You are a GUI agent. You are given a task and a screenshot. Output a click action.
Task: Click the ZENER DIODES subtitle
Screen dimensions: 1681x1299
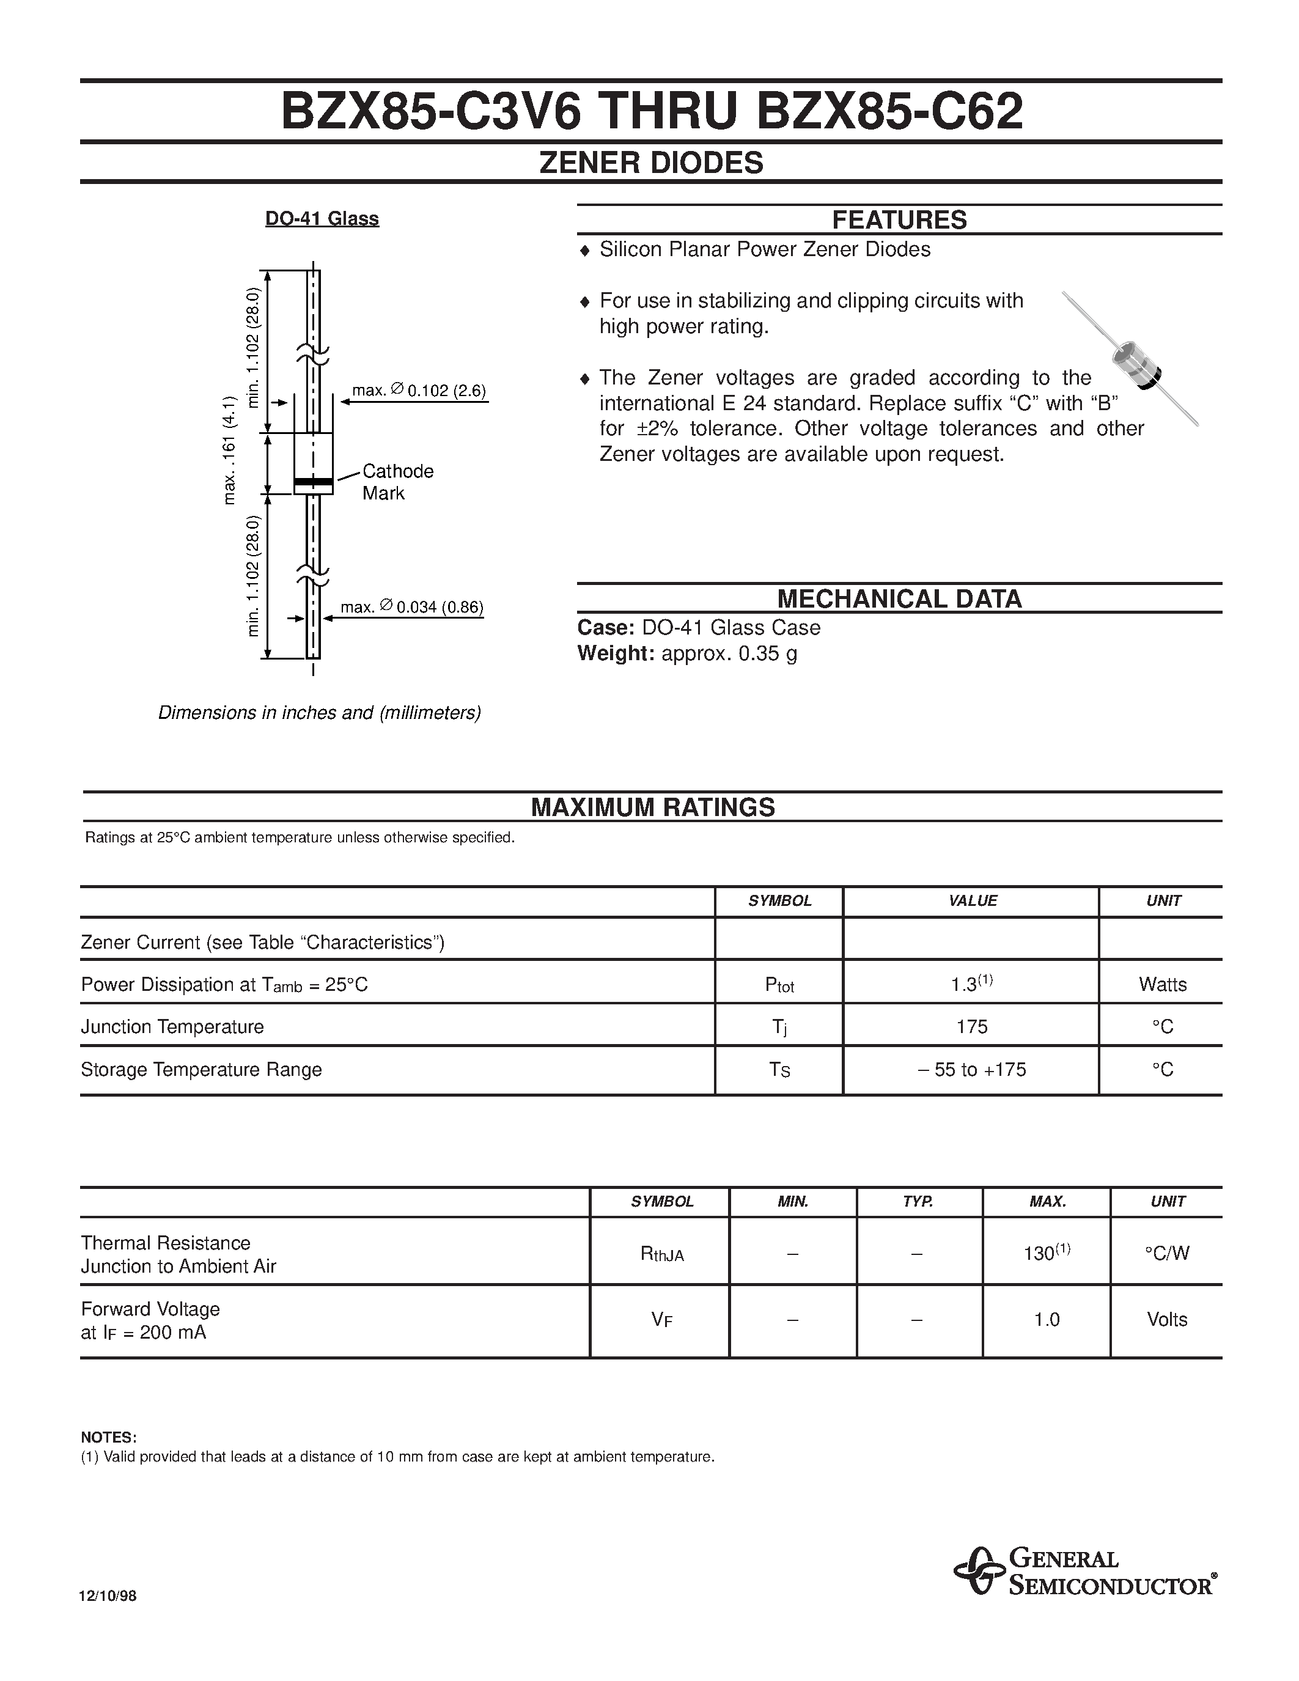[x=651, y=163]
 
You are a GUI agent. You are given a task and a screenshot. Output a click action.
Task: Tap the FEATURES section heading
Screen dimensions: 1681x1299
[x=899, y=220]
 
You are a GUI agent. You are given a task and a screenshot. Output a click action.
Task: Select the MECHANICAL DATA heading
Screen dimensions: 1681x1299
[x=899, y=599]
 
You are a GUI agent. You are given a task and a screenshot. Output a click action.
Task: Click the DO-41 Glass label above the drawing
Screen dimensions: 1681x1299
[x=322, y=219]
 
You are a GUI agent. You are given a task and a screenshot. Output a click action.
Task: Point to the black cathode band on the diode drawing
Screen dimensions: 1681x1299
[x=313, y=482]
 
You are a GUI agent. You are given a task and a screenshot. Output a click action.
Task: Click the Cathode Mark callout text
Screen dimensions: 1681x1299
[x=397, y=482]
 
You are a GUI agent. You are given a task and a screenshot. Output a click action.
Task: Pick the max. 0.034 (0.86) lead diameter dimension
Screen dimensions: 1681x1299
[x=412, y=607]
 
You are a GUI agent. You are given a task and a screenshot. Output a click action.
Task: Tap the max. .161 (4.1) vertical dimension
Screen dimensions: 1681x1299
[x=229, y=451]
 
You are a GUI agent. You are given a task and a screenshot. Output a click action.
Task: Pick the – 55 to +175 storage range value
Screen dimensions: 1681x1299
[x=971, y=1070]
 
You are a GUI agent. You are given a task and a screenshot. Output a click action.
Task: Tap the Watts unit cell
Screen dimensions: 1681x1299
[x=1162, y=984]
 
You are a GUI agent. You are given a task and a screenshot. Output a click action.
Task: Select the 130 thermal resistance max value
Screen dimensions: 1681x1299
[x=1046, y=1253]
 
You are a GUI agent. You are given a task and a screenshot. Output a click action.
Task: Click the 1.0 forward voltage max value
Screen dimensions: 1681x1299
[x=1047, y=1319]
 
